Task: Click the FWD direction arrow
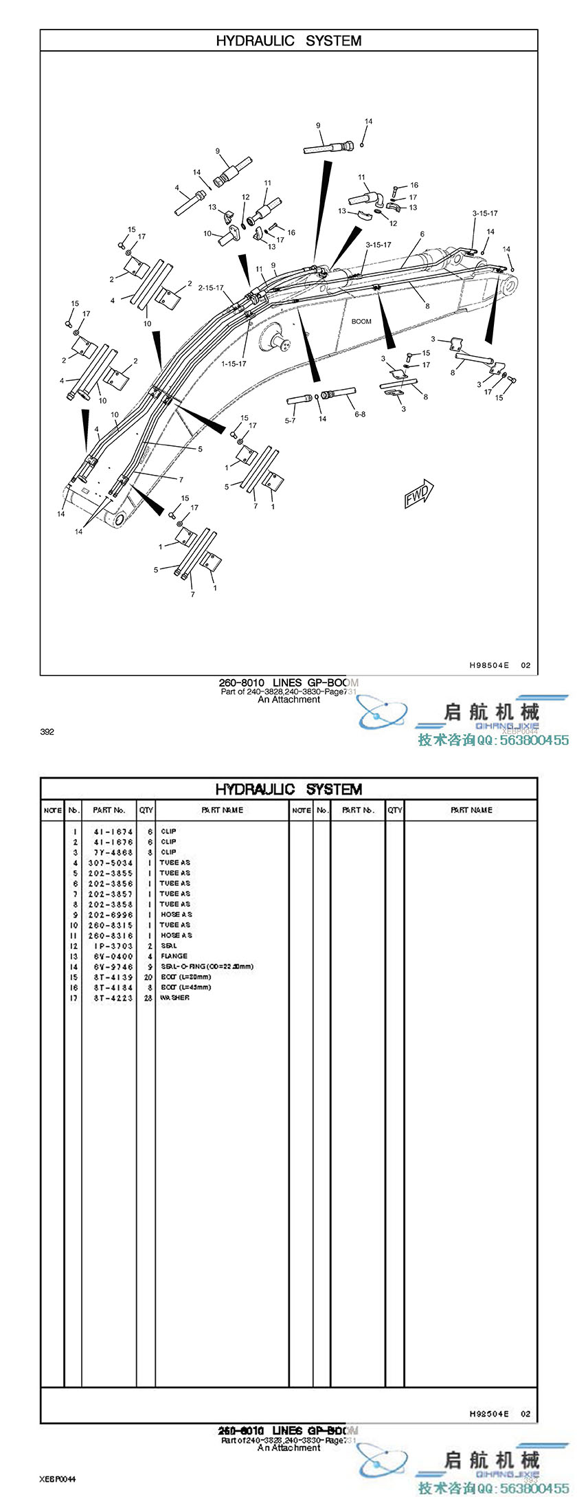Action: [418, 493]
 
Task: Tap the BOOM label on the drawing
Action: [361, 321]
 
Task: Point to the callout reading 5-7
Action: [291, 421]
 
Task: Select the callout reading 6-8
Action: [360, 414]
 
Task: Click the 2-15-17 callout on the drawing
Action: [211, 288]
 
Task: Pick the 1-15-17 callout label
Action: [234, 364]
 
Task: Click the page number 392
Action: [47, 731]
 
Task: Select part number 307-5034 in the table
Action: [110, 863]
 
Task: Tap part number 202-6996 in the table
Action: [110, 915]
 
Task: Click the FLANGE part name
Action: [174, 956]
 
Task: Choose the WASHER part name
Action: [174, 997]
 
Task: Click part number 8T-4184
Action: [110, 987]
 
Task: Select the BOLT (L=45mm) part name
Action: [185, 987]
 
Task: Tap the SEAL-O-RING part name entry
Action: [206, 966]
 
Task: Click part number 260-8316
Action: [110, 935]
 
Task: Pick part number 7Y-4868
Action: [110, 852]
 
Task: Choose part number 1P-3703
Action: [110, 946]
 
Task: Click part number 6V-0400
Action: [110, 956]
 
